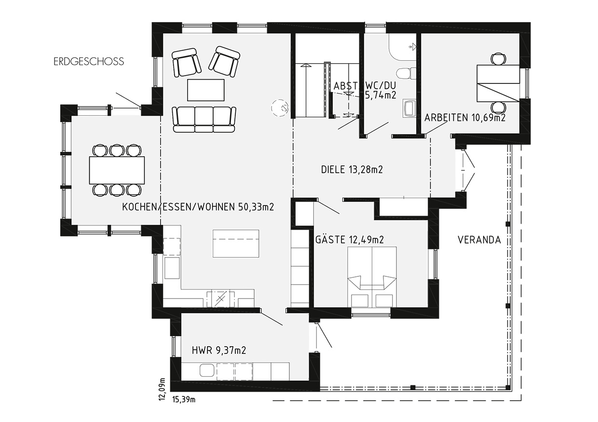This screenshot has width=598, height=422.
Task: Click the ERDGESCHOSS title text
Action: pyautogui.click(x=89, y=62)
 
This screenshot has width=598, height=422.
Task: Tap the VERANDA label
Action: pyautogui.click(x=479, y=240)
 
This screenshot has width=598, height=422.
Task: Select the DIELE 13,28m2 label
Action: pyautogui.click(x=352, y=169)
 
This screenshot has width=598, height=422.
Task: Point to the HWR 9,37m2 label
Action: pyautogui.click(x=219, y=350)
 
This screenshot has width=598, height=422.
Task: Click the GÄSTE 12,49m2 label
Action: pyautogui.click(x=350, y=239)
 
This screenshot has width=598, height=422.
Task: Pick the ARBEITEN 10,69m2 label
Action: pyautogui.click(x=465, y=118)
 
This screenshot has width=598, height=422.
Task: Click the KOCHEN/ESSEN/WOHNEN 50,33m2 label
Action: pyautogui.click(x=198, y=207)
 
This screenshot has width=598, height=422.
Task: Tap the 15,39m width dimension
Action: pyautogui.click(x=184, y=400)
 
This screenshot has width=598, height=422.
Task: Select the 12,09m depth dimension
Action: pyautogui.click(x=162, y=389)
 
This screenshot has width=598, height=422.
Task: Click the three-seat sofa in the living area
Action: pyautogui.click(x=204, y=120)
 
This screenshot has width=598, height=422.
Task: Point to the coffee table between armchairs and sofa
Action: pyautogui.click(x=205, y=90)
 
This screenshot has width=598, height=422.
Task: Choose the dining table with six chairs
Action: pyautogui.click(x=117, y=170)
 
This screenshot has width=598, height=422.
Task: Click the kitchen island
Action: pyautogui.click(x=236, y=244)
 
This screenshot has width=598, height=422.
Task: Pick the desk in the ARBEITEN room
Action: pyautogui.click(x=498, y=83)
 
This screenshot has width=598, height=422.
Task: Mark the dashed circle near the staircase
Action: pyautogui.click(x=280, y=108)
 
